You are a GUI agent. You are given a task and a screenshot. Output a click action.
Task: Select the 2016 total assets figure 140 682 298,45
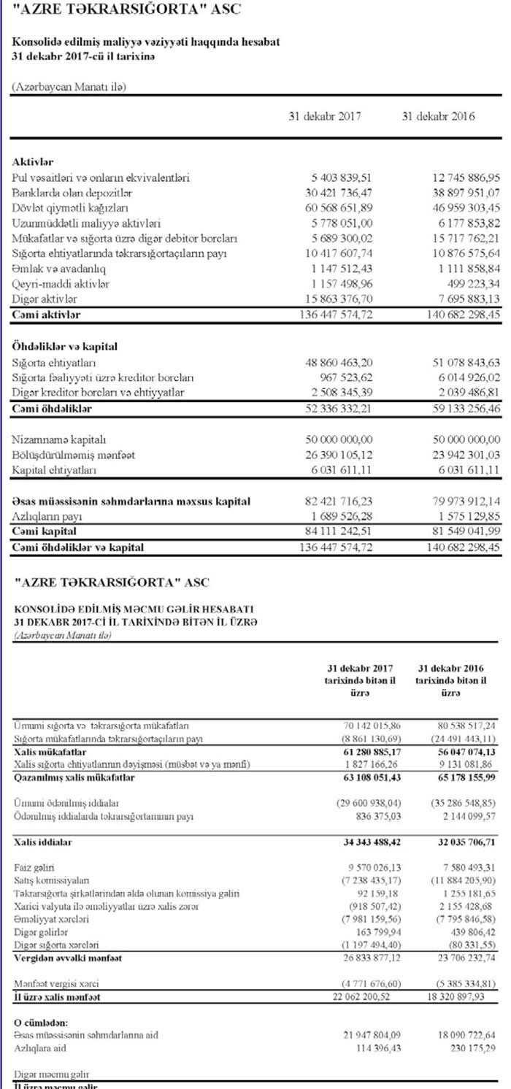pos(453,315)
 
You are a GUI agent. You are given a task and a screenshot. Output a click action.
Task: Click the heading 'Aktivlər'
pos(32,161)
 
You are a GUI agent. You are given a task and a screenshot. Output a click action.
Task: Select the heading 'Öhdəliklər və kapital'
pos(65,347)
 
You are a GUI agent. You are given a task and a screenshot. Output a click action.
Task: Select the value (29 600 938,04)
pos(361,804)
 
